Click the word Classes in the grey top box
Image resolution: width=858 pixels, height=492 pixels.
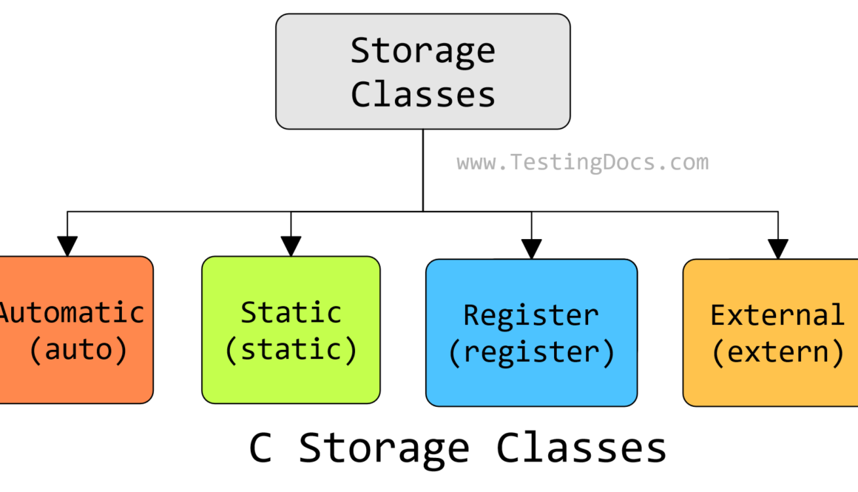(422, 94)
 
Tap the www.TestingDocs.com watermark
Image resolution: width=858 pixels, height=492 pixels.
(582, 163)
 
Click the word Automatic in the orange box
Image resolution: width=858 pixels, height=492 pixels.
(72, 312)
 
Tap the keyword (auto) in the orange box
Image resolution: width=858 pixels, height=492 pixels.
(78, 349)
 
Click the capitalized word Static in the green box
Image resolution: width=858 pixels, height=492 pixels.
(291, 312)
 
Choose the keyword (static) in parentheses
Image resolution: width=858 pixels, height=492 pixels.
(291, 349)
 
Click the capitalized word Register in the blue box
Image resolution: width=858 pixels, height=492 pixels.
(530, 315)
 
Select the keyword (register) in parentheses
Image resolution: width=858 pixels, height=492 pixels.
(531, 352)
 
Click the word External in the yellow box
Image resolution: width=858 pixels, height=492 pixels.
(777, 315)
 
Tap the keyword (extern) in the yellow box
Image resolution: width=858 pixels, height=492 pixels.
(777, 352)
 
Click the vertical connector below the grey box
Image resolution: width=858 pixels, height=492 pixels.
(423, 170)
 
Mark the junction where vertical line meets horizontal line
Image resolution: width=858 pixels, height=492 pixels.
(423, 212)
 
